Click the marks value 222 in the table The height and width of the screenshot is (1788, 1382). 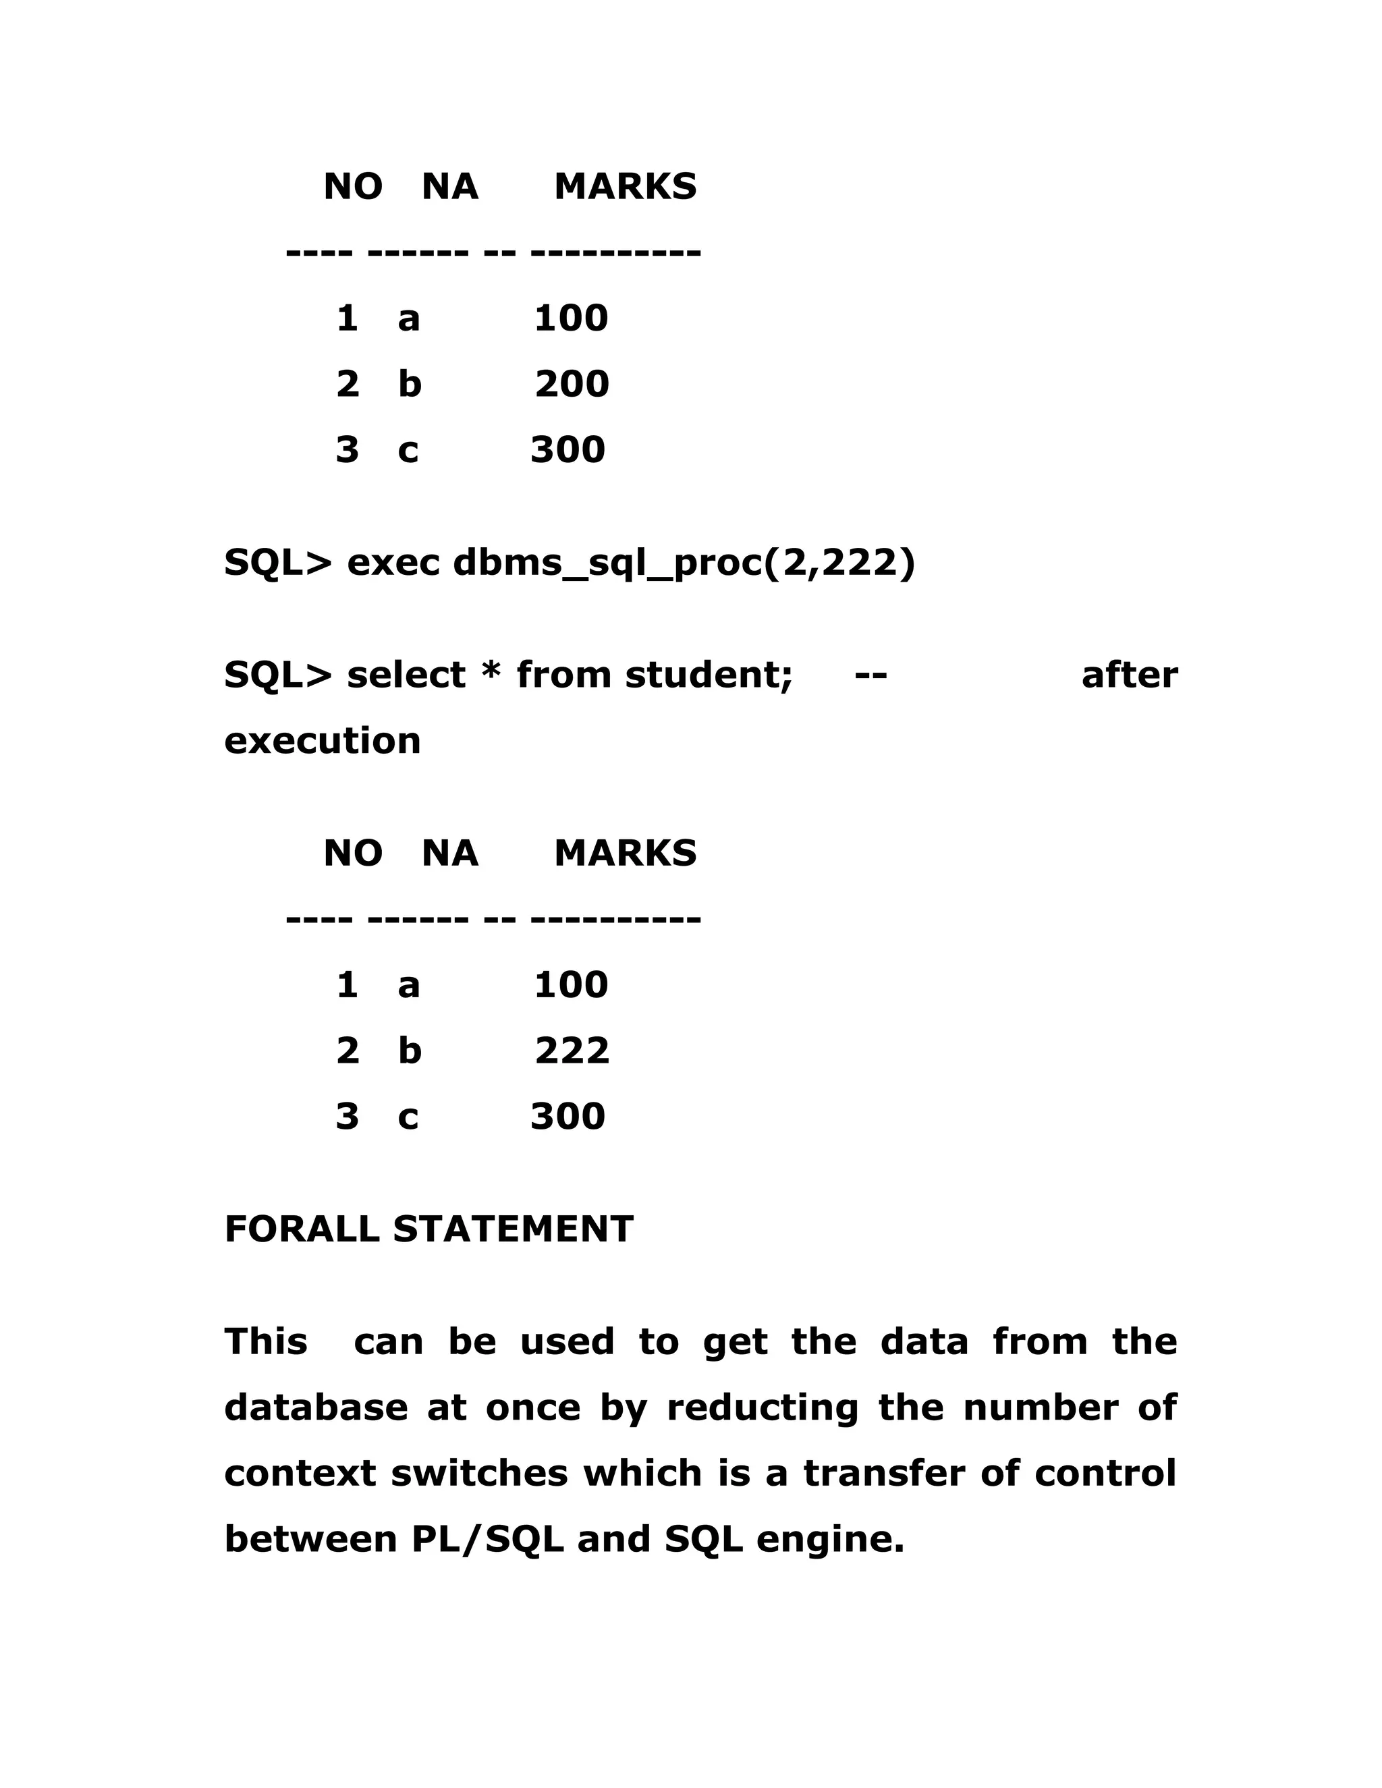[572, 1051]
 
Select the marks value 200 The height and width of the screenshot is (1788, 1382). [572, 384]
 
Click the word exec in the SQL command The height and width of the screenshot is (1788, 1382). [393, 563]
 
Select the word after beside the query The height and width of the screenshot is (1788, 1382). [1129, 675]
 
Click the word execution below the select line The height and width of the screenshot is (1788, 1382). [323, 741]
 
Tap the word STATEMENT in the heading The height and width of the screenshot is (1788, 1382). [513, 1229]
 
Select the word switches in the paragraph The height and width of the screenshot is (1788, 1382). [479, 1474]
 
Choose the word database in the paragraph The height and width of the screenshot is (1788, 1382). [316, 1408]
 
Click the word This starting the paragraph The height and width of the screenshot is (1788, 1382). [266, 1342]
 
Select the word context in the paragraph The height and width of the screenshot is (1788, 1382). [300, 1474]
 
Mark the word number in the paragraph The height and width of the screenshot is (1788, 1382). [1040, 1408]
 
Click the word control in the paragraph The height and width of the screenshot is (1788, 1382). [1105, 1474]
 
